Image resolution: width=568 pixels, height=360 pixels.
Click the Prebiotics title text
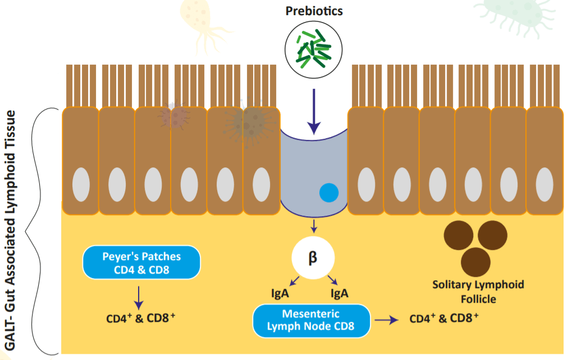point(313,11)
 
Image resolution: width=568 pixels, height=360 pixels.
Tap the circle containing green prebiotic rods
point(313,49)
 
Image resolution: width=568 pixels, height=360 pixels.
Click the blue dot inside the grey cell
point(329,193)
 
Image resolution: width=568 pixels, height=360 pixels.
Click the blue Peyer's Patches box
point(141,262)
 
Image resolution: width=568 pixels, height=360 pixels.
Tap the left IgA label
point(280,293)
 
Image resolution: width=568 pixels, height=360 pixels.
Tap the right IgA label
point(340,293)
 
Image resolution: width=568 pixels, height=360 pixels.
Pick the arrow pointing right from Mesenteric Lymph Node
point(387,320)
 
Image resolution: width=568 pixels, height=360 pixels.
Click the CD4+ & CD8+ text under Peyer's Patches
point(141,318)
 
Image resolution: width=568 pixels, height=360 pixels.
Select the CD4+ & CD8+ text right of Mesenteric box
point(443,318)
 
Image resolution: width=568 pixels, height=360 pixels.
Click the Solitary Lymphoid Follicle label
point(478,291)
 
